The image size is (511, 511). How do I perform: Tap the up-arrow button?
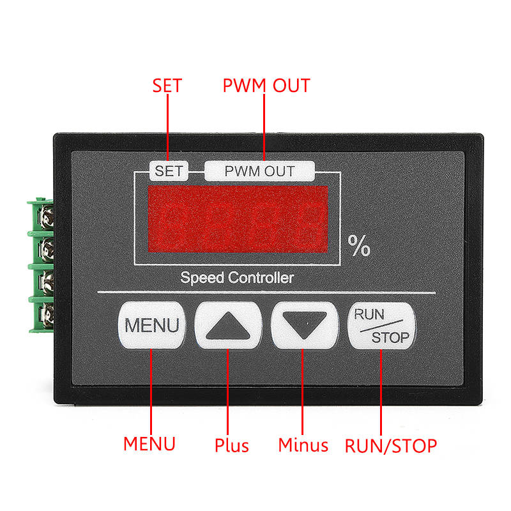(229, 324)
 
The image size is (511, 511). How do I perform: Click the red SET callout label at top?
(167, 86)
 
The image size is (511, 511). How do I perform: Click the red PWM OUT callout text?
(266, 86)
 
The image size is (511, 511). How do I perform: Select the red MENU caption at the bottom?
(149, 443)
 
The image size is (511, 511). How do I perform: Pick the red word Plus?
(231, 445)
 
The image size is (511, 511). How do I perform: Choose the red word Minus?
(303, 445)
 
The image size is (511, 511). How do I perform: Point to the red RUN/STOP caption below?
(391, 445)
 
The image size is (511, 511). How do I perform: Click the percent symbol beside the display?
(359, 246)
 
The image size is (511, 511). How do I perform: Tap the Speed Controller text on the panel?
(237, 278)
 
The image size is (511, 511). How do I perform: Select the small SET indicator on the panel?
(169, 171)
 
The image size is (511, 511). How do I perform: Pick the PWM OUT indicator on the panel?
(259, 171)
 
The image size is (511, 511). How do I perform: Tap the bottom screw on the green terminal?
(46, 314)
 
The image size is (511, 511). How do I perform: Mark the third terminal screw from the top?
(46, 281)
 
